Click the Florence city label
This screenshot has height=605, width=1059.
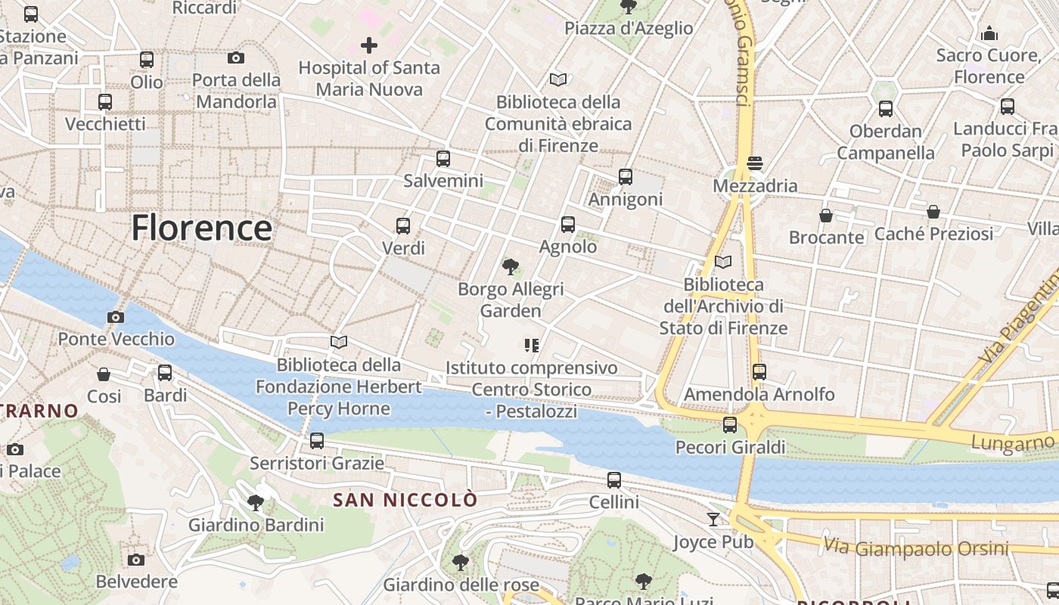coord(201,228)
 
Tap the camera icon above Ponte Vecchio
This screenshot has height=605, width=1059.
coord(116,317)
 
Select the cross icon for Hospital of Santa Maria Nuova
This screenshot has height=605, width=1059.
coord(368,45)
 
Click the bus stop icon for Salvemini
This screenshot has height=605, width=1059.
coord(443,159)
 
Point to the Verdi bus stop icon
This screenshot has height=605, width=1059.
coord(403,225)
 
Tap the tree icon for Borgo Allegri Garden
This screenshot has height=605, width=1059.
coord(511,266)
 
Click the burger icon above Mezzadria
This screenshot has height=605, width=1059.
coord(754,163)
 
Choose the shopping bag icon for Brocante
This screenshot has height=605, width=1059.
coord(826,216)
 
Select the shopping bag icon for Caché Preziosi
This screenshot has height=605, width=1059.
coord(933,212)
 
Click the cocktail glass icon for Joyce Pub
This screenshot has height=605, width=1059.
coord(713,520)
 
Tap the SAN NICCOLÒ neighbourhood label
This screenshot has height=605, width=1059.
coord(405,500)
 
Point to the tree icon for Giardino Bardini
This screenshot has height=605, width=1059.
coord(256,502)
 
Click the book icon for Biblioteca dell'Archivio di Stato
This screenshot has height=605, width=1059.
coord(723,262)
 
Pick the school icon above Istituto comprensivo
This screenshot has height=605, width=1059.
coord(531,346)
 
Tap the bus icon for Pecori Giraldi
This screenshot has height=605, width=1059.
coord(730,425)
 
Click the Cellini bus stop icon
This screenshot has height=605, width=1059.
coord(614,479)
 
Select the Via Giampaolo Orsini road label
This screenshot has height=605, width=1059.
coord(915,548)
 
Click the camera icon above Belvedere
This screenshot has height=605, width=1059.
coord(136,560)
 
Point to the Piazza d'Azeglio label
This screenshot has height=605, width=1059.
coord(629,29)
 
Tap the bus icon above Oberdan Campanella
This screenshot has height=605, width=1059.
coord(886,109)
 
